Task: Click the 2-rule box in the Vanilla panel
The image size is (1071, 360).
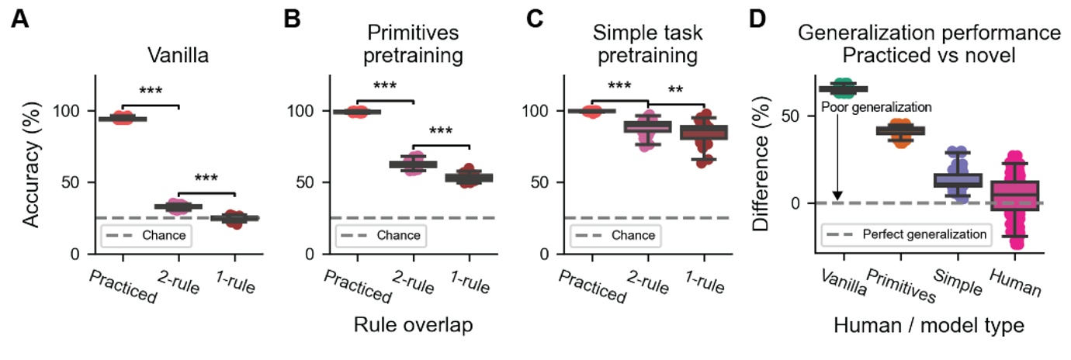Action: pyautogui.click(x=178, y=206)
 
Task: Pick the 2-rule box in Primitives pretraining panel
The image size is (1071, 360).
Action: pyautogui.click(x=413, y=164)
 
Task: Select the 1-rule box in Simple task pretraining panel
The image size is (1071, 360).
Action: pyautogui.click(x=705, y=132)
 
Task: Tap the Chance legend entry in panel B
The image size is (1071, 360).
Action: pyautogui.click(x=381, y=235)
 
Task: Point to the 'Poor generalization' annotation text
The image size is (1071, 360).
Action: pyautogui.click(x=875, y=107)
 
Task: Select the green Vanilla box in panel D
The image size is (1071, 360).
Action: pyautogui.click(x=843, y=89)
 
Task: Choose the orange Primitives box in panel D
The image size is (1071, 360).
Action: pyautogui.click(x=900, y=130)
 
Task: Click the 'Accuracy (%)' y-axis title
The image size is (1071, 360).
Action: pyautogui.click(x=31, y=165)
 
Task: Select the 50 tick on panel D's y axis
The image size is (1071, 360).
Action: pyautogui.click(x=794, y=116)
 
